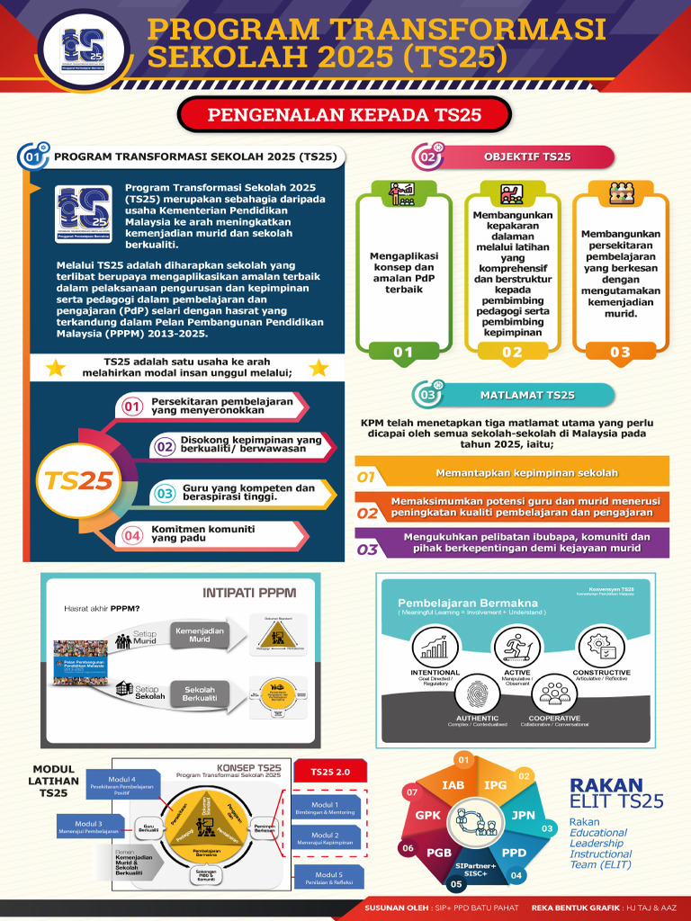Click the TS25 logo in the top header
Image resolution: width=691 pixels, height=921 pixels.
tap(83, 47)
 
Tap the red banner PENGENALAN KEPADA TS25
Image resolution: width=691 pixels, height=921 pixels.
tap(345, 114)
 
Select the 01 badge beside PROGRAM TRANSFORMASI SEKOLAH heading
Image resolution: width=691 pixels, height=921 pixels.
tap(33, 156)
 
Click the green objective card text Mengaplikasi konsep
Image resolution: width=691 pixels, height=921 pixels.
tap(404, 273)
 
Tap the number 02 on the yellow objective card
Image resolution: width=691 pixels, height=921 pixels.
tap(512, 353)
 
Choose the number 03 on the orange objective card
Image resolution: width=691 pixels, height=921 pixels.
tap(620, 353)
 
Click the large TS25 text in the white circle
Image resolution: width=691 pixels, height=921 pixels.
tap(79, 481)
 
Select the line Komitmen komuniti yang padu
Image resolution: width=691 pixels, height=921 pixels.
tap(202, 533)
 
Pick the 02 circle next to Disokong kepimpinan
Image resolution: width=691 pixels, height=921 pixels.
tap(165, 445)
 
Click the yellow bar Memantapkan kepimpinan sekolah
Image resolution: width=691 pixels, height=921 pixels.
tap(526, 473)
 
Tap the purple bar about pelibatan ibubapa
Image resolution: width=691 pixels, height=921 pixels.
tap(526, 541)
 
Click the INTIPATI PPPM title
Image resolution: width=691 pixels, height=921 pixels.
tap(249, 593)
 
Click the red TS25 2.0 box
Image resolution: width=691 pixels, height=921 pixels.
tap(329, 773)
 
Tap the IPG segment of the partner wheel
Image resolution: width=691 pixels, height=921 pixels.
tap(495, 785)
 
